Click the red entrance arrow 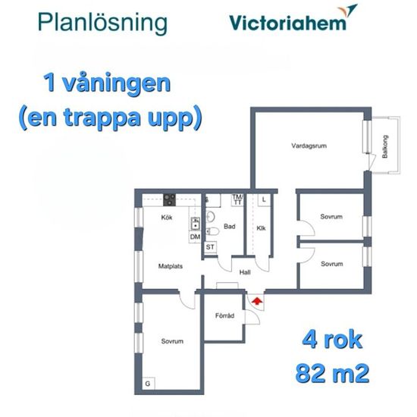point(257,301)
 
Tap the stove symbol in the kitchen point(169,200)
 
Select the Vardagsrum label point(309,146)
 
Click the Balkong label point(385,146)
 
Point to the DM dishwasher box point(195,237)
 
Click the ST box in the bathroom point(210,247)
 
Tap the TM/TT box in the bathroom point(237,200)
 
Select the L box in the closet point(264,199)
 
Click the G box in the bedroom point(148,383)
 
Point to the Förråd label point(224,315)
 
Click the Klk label point(261,228)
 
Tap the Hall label point(245,272)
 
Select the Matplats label point(171,266)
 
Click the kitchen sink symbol point(196,224)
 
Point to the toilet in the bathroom point(212,231)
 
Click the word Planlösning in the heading point(102,23)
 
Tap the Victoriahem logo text point(288,23)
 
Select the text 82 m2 point(332,373)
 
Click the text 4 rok point(332,340)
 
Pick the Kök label point(167,218)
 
